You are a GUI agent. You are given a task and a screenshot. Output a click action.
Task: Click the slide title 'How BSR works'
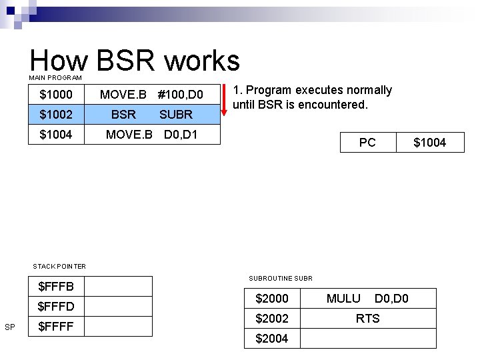[135, 61]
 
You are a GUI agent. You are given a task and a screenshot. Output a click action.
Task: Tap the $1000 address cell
[56, 95]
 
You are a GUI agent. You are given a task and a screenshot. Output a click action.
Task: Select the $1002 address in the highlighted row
[56, 115]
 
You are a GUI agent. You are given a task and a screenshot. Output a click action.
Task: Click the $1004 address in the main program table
[56, 135]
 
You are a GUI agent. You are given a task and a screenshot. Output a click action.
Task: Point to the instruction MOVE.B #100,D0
[151, 95]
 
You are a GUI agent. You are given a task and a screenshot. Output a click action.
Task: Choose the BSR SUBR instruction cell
[151, 115]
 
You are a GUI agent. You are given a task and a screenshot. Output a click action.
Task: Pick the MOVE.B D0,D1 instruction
[151, 135]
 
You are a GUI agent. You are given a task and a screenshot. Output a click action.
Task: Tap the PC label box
[367, 142]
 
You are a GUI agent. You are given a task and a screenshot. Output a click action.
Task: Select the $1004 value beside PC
[429, 142]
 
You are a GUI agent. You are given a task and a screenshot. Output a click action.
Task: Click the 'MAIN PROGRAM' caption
[55, 78]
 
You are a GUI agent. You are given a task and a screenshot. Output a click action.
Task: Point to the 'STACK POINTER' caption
[59, 266]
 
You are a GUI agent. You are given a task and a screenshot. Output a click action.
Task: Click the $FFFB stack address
[56, 287]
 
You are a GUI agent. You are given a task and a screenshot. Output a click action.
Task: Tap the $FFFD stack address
[56, 307]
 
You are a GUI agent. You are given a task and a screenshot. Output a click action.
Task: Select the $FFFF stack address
[56, 327]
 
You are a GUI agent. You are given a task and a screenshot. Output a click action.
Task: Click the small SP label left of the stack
[10, 327]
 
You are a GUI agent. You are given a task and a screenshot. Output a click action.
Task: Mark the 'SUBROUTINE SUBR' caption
[281, 278]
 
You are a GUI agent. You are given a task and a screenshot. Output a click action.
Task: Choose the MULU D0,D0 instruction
[367, 299]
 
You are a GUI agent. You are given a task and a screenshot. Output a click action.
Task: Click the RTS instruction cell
[367, 319]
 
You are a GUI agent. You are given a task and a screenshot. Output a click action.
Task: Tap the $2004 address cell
[272, 339]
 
